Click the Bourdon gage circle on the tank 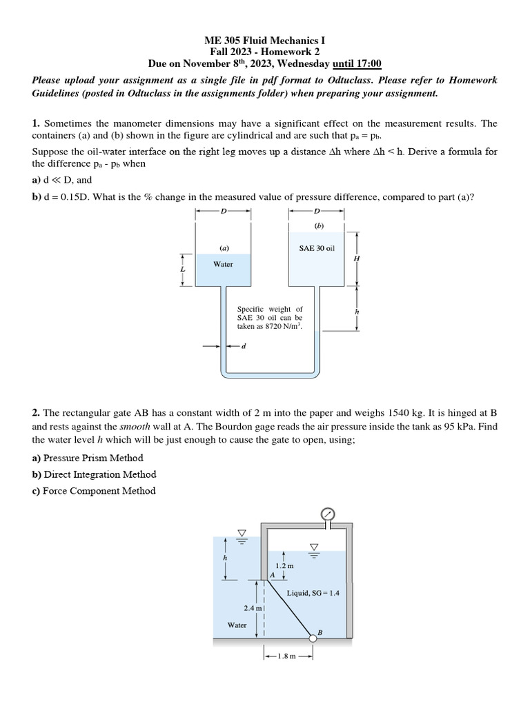coord(328,514)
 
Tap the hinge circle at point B coord(313,638)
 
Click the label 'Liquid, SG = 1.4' coord(313,592)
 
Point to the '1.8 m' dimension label coord(287,656)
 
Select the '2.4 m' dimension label coord(253,608)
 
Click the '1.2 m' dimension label coord(285,565)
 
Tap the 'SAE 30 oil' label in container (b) coord(317,248)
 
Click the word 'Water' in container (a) coord(223,264)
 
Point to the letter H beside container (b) coord(357,258)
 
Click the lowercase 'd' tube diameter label coord(244,346)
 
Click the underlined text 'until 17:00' coord(357,63)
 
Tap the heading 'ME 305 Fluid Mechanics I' coord(265,40)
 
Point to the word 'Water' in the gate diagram coord(237,625)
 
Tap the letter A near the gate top coord(273,574)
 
